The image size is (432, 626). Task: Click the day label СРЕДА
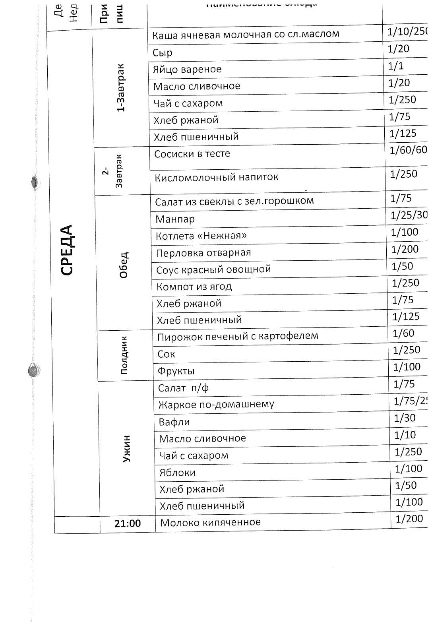tap(68, 250)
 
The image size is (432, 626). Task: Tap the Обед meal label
tap(124, 265)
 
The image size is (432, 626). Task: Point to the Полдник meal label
tap(124, 355)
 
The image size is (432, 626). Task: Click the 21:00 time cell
tap(128, 523)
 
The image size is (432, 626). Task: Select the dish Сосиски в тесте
tap(192, 154)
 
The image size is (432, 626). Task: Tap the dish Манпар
tap(175, 219)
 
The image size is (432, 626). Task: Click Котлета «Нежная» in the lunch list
tap(201, 236)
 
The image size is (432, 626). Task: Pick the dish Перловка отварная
tap(203, 253)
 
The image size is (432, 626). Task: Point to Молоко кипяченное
tap(210, 522)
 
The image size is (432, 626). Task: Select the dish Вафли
tap(174, 422)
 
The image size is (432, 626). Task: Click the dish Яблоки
tap(177, 473)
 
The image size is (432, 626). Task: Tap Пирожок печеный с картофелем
tap(238, 336)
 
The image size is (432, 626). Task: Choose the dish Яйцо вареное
tap(187, 69)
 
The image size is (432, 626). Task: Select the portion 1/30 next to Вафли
tap(405, 418)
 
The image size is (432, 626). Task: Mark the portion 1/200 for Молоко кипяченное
tap(409, 519)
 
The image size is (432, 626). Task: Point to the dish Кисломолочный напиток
tap(216, 177)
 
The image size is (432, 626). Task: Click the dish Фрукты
tap(176, 371)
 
